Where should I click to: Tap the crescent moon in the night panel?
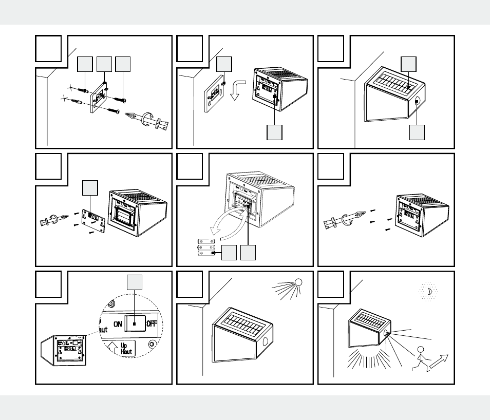[428, 292]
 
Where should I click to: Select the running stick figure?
[421, 359]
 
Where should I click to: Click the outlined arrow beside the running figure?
[440, 361]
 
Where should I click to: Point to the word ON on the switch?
[118, 323]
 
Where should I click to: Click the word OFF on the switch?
[151, 323]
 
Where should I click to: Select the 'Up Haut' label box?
[123, 349]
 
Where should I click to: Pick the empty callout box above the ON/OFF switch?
[134, 282]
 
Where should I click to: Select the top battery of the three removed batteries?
[209, 240]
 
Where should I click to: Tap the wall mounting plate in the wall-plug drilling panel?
[98, 98]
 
